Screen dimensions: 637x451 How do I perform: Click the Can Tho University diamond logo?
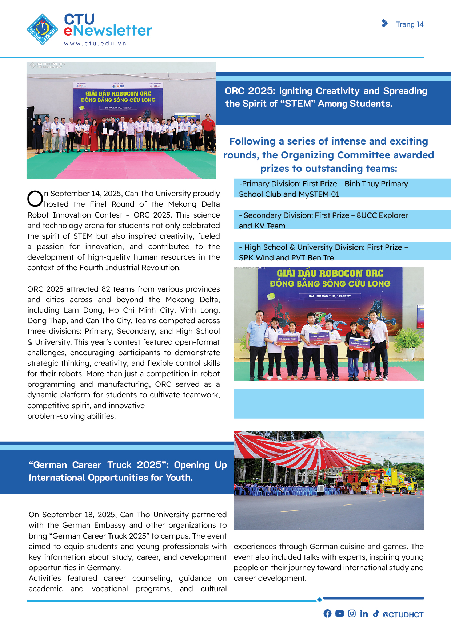click(43, 29)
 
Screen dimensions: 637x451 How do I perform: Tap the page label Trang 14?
click(410, 24)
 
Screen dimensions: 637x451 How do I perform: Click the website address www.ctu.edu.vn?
click(95, 44)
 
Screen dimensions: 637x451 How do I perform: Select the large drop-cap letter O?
click(35, 199)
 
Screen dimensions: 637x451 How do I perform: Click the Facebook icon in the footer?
click(327, 614)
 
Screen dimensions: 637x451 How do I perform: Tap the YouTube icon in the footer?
click(339, 614)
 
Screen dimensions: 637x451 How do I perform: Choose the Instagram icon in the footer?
click(352, 614)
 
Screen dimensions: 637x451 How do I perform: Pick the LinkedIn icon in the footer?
click(364, 614)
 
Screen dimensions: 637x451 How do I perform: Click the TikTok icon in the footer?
click(376, 614)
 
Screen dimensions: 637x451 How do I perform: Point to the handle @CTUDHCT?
click(403, 615)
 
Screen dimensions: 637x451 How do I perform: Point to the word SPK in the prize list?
click(246, 258)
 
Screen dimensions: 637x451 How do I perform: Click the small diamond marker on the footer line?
click(319, 599)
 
